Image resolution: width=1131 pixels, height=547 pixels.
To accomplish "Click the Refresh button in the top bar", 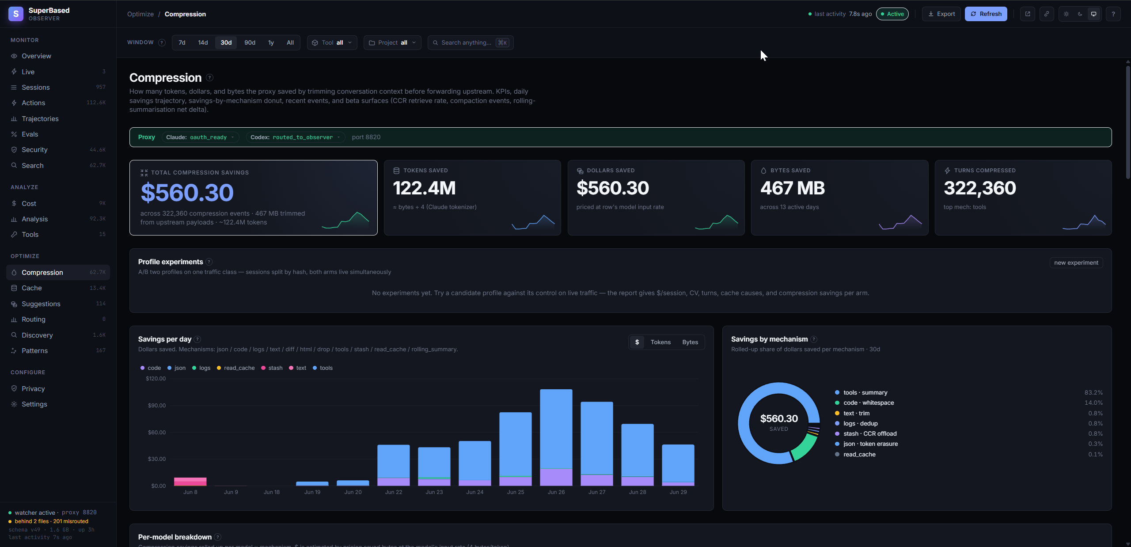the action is (x=986, y=14).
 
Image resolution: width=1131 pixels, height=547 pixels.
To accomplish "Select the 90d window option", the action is (x=250, y=42).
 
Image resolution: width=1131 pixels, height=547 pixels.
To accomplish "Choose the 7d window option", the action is (x=182, y=42).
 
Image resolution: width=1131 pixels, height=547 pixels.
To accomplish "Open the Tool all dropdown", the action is (x=332, y=42).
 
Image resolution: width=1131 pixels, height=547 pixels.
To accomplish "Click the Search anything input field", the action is (x=470, y=42).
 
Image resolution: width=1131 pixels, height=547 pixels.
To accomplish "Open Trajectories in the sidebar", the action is (x=40, y=119).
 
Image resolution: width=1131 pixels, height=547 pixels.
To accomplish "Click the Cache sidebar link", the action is (x=32, y=288).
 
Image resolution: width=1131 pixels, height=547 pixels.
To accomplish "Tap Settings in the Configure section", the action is (x=34, y=404).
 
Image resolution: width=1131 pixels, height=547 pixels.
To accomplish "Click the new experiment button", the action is (x=1076, y=262).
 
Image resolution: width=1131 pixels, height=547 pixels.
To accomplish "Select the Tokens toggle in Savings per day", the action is (x=660, y=342).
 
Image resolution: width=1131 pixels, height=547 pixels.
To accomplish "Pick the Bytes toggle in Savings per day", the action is (x=690, y=342).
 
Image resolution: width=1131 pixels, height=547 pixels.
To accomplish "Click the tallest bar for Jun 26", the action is (x=556, y=429).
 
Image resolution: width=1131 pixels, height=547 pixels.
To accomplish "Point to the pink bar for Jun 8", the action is (x=190, y=482).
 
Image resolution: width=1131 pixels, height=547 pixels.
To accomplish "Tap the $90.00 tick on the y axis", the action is (x=157, y=405).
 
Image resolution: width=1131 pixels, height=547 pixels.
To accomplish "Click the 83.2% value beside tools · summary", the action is (x=1093, y=392).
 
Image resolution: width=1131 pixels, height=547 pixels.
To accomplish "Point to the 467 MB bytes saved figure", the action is (x=792, y=188).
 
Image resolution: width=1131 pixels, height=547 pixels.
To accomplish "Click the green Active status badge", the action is (x=892, y=14).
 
